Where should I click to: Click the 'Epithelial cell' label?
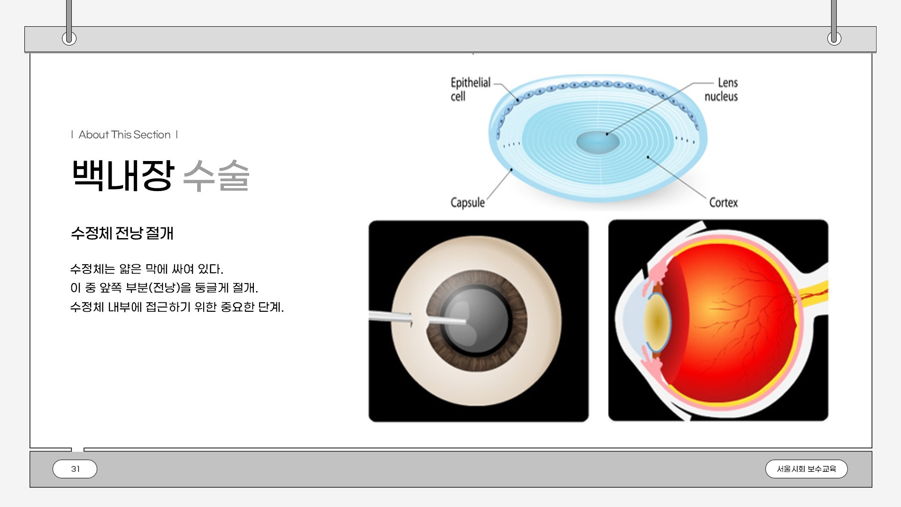pos(470,89)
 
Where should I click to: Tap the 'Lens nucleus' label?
pos(721,89)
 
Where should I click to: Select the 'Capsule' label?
pos(467,202)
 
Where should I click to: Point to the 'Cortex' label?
pos(723,202)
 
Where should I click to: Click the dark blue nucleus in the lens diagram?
pos(597,142)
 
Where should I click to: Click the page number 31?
pos(75,469)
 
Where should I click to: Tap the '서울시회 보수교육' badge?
pos(806,469)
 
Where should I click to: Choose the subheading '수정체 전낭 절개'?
pos(122,233)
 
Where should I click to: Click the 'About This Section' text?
pos(124,135)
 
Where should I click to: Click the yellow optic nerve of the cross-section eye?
pos(814,291)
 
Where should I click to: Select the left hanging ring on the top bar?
pos(69,38)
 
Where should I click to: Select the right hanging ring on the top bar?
pos(834,38)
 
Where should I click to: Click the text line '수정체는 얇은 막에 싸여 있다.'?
pos(146,269)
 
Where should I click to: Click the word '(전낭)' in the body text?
pos(164,288)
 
